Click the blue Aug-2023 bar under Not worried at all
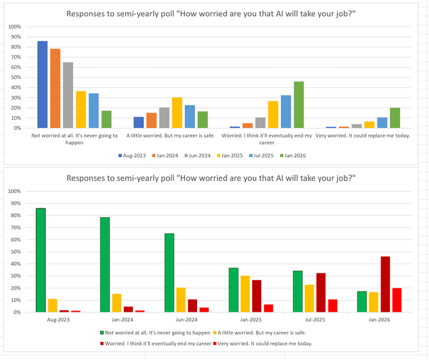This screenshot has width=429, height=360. (x=42, y=84)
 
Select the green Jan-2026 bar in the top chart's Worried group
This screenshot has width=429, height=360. (x=298, y=105)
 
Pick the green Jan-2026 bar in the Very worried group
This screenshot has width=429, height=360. (x=395, y=118)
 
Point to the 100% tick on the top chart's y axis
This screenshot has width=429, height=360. (x=14, y=27)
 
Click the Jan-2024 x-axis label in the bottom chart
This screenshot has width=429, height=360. (x=117, y=320)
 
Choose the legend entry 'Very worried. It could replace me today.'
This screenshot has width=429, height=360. (x=265, y=343)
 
